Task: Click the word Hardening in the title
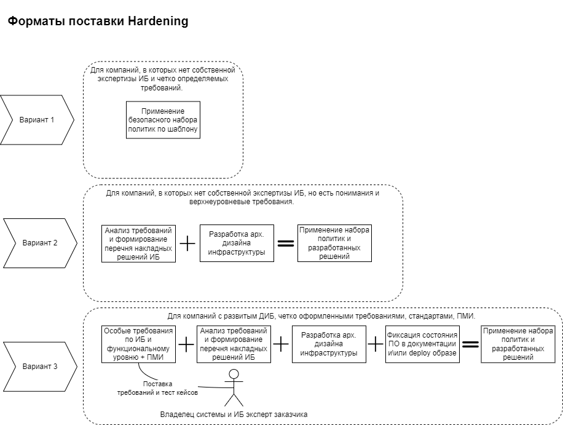point(158,22)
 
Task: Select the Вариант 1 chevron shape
point(36,119)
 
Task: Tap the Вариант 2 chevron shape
point(39,243)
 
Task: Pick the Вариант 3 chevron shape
point(39,367)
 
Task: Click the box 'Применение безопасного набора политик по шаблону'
point(163,120)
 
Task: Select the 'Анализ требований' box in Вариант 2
point(138,244)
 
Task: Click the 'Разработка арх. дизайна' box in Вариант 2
point(237,244)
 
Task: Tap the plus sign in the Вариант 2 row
point(187,244)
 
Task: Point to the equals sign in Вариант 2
point(286,244)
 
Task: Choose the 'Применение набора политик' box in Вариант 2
point(335,243)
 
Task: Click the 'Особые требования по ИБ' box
point(138,344)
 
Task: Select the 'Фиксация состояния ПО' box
point(422,344)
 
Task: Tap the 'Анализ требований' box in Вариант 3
point(234,344)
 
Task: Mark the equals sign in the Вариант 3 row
point(471,344)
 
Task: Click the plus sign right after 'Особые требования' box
point(186,344)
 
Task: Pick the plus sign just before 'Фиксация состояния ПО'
point(376,344)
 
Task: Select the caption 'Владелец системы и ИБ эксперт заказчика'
point(234,415)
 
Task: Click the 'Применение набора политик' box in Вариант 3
point(518,344)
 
